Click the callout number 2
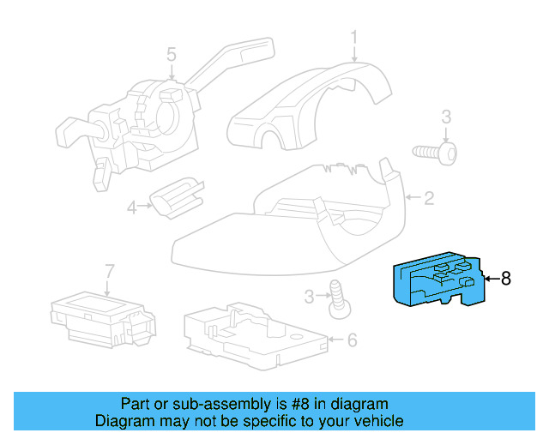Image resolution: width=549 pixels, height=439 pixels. (429, 199)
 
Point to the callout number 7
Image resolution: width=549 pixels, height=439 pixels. (109, 271)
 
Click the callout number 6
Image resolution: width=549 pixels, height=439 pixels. (351, 340)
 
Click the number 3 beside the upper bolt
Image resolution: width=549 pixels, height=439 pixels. (446, 117)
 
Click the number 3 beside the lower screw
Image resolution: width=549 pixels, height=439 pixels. (310, 297)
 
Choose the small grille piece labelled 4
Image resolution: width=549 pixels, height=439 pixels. (177, 197)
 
